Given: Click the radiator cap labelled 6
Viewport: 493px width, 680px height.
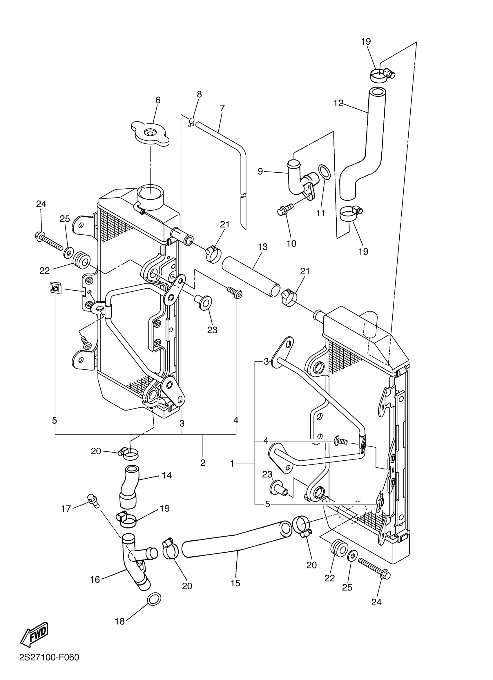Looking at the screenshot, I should (151, 134).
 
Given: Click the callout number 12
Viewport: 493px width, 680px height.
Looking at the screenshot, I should (338, 103).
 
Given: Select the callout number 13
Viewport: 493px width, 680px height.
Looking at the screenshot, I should (262, 247).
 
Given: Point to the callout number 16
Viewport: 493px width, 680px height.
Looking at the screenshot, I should (95, 579).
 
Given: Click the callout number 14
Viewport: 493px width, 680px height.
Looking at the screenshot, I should (166, 475).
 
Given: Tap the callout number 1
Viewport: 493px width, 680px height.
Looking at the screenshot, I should (232, 464).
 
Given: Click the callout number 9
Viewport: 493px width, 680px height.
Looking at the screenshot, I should (260, 172).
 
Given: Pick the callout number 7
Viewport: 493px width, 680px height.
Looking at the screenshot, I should (222, 108).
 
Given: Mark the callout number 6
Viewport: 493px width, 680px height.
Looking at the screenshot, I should (158, 100).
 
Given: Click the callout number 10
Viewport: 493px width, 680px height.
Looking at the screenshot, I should (291, 243).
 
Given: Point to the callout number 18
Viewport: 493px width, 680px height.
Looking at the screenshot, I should (120, 621).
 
